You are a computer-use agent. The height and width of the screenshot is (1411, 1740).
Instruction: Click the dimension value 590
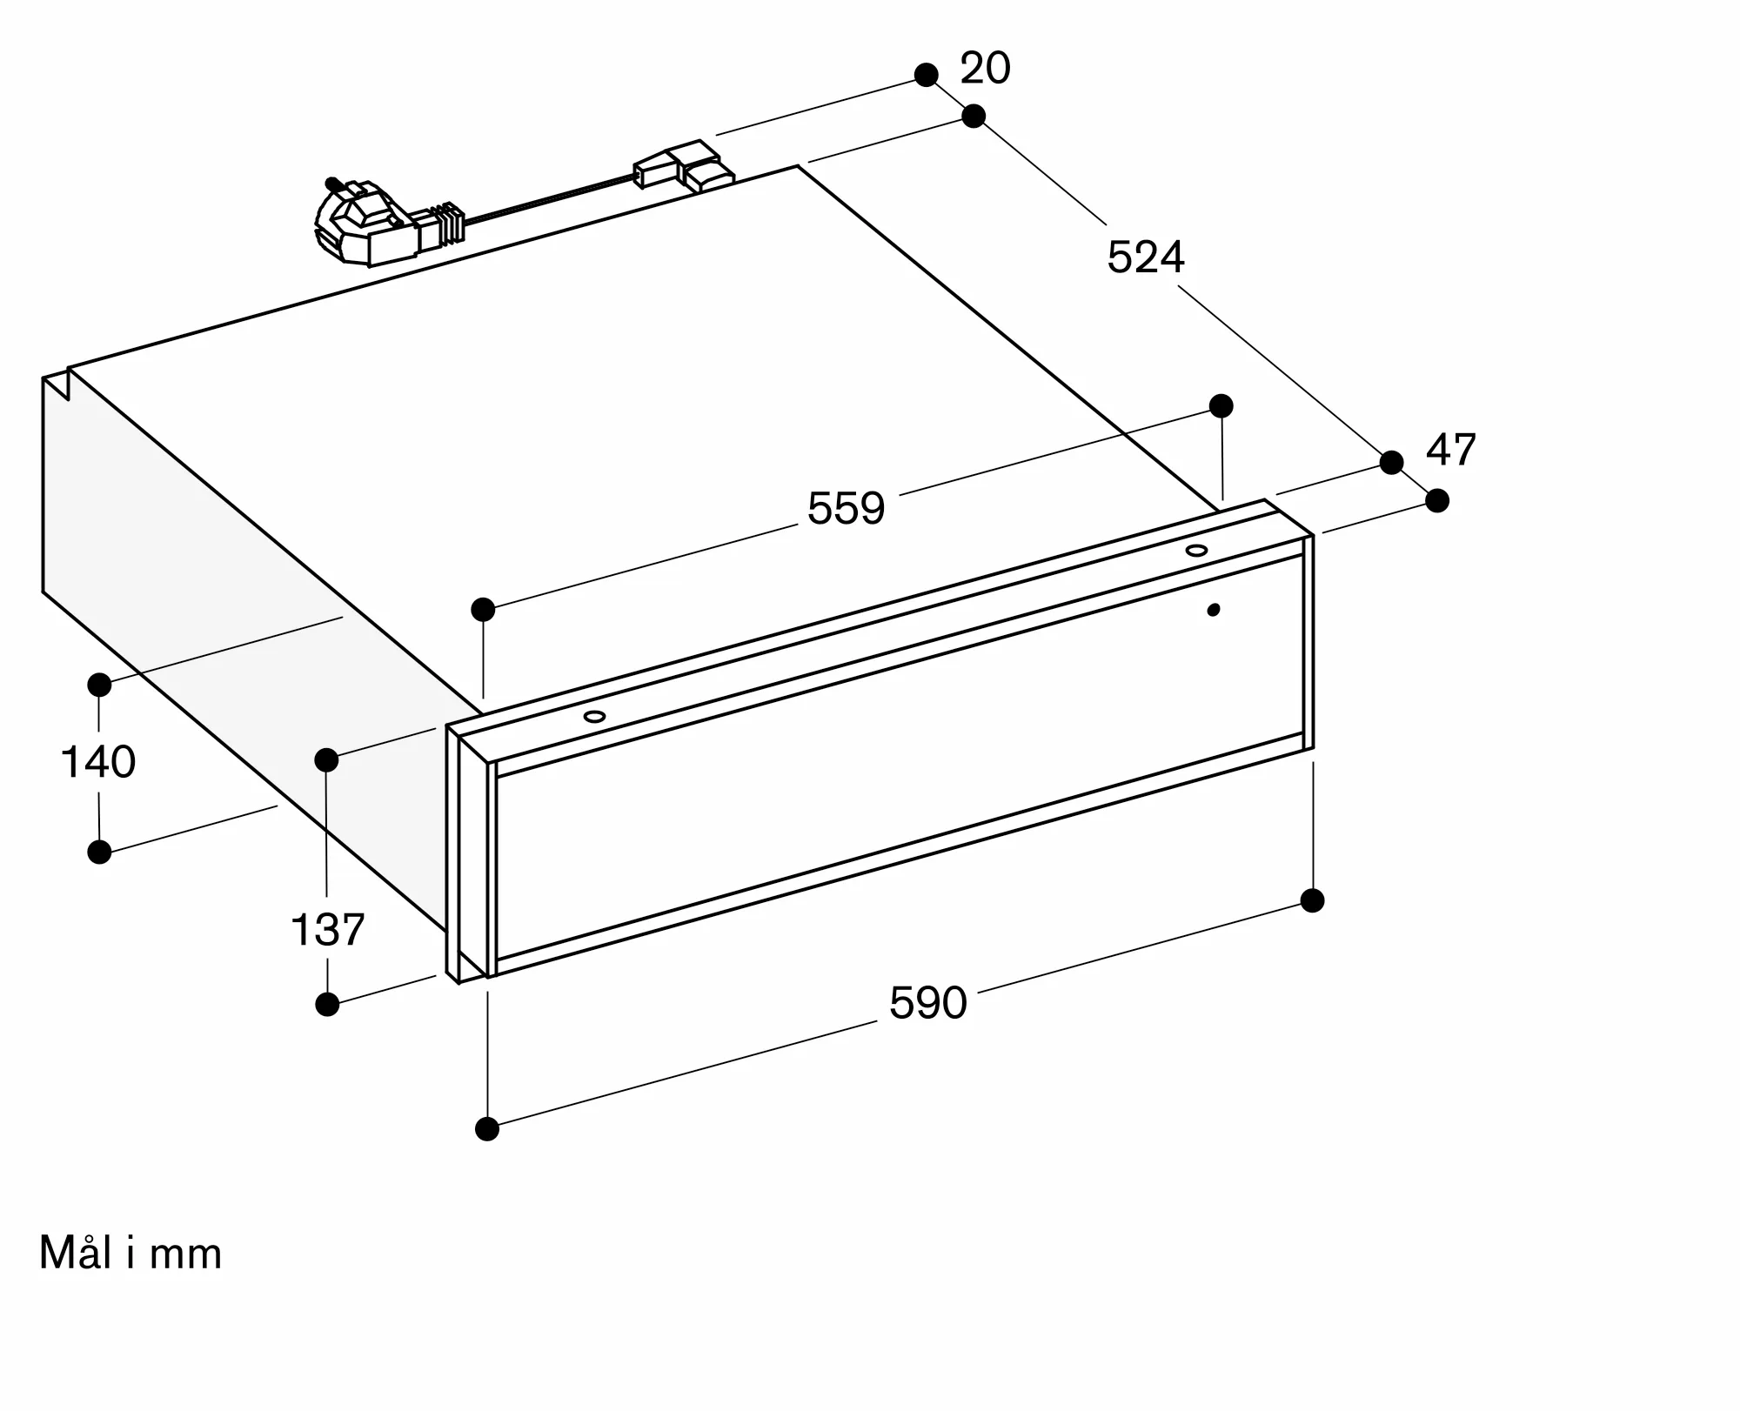(x=927, y=1003)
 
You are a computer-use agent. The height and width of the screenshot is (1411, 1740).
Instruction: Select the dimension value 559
(x=846, y=508)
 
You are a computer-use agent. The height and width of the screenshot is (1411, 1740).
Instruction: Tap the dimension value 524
(x=1146, y=257)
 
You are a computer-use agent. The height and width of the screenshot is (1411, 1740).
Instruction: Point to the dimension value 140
(x=98, y=762)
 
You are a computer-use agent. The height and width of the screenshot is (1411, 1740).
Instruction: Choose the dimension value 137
(x=327, y=930)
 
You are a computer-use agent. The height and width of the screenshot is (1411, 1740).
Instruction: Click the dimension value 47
(x=1451, y=451)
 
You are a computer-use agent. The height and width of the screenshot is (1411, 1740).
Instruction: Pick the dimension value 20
(x=985, y=69)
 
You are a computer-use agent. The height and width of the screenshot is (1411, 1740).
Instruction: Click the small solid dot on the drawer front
(x=1214, y=610)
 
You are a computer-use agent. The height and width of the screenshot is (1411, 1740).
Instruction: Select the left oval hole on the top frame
(x=595, y=717)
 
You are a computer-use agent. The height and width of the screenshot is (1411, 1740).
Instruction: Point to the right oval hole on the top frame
(x=1196, y=551)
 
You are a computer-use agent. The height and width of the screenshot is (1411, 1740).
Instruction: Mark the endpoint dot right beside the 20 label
(x=927, y=75)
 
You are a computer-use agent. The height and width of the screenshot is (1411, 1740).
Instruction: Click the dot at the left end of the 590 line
(x=487, y=1129)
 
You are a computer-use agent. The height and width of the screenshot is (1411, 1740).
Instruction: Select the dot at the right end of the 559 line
(x=1221, y=405)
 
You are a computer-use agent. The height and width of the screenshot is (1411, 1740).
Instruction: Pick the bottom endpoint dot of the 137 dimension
(x=327, y=1005)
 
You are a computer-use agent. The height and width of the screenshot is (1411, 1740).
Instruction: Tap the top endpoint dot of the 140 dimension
(x=99, y=685)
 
